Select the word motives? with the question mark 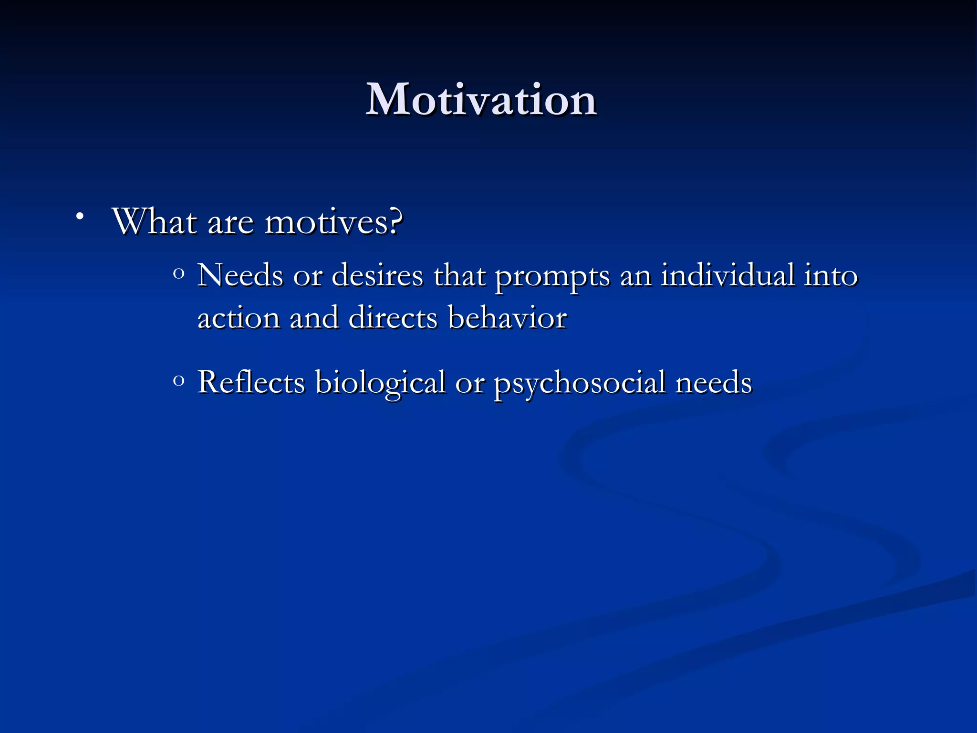[x=333, y=222]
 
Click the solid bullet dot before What [x=80, y=217]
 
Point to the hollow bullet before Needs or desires [x=179, y=274]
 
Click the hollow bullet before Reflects [x=179, y=381]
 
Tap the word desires [x=377, y=275]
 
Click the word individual [x=728, y=275]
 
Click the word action [x=239, y=318]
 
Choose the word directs [x=393, y=318]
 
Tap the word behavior [x=507, y=317]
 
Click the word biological [x=380, y=383]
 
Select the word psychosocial [x=579, y=383]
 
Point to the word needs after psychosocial [x=713, y=383]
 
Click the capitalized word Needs [x=240, y=275]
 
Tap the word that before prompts [x=459, y=275]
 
